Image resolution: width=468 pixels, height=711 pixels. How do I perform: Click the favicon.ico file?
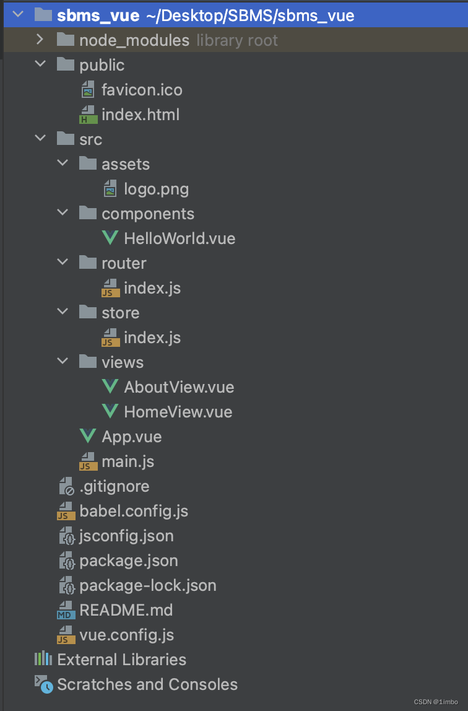(x=141, y=90)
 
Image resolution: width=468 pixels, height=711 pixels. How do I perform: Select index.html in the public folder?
(x=140, y=115)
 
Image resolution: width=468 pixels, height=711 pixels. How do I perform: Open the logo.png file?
(x=156, y=189)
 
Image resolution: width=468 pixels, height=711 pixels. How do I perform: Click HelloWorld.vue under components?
(x=179, y=238)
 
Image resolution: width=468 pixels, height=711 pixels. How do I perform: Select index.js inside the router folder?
(x=152, y=288)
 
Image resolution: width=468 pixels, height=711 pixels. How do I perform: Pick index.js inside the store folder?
(x=152, y=338)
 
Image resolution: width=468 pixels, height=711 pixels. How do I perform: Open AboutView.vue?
(x=178, y=387)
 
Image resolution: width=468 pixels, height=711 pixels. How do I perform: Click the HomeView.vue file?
(x=178, y=412)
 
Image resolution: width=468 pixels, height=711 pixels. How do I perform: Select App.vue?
(x=131, y=437)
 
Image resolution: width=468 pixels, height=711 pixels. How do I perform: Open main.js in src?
(x=128, y=461)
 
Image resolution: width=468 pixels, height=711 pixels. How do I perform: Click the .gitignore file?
(x=114, y=486)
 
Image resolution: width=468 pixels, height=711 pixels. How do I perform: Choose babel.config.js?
(x=133, y=511)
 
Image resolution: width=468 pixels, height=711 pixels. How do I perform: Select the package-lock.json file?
(x=147, y=585)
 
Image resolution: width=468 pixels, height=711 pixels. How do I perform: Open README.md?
(x=126, y=610)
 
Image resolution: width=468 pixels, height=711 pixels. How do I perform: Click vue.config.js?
(x=126, y=635)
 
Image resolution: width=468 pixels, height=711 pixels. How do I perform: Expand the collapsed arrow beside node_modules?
(x=40, y=40)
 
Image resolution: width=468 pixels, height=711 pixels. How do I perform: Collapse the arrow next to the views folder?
(x=63, y=362)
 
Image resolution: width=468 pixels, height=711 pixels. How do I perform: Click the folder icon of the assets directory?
(x=88, y=164)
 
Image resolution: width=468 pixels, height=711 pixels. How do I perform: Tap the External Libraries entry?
(x=121, y=660)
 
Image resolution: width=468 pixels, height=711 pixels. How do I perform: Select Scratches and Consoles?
(x=147, y=684)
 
